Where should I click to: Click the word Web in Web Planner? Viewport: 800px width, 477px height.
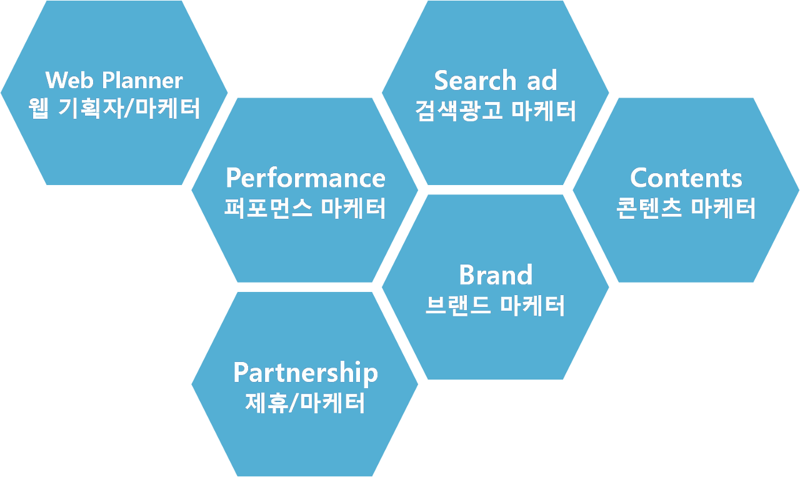[66, 81]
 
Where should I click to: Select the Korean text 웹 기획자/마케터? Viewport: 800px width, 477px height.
[114, 109]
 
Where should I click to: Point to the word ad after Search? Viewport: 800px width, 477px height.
[541, 81]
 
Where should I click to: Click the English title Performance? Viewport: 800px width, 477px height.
[305, 178]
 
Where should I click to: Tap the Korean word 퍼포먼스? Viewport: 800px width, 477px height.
[268, 208]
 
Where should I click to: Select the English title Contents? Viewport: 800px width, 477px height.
[686, 178]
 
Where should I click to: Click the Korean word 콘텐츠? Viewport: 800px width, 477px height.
[649, 208]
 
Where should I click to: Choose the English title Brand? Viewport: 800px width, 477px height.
[496, 275]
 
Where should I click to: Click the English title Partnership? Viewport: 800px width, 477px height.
[305, 373]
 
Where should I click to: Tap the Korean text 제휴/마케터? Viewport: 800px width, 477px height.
[305, 403]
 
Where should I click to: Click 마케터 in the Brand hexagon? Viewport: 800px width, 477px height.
[532, 306]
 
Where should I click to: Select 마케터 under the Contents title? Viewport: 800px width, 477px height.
[723, 208]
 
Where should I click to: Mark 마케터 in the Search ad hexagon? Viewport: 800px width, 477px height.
[543, 111]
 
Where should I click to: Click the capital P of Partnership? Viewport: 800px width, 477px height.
[240, 373]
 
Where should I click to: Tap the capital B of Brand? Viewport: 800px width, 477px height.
[466, 275]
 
